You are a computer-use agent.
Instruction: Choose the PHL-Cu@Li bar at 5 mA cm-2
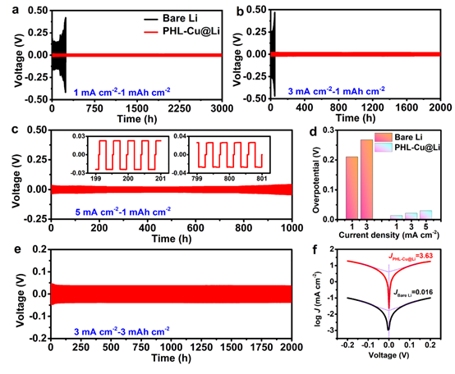click(x=425, y=216)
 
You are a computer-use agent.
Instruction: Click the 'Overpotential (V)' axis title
click(x=312, y=174)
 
